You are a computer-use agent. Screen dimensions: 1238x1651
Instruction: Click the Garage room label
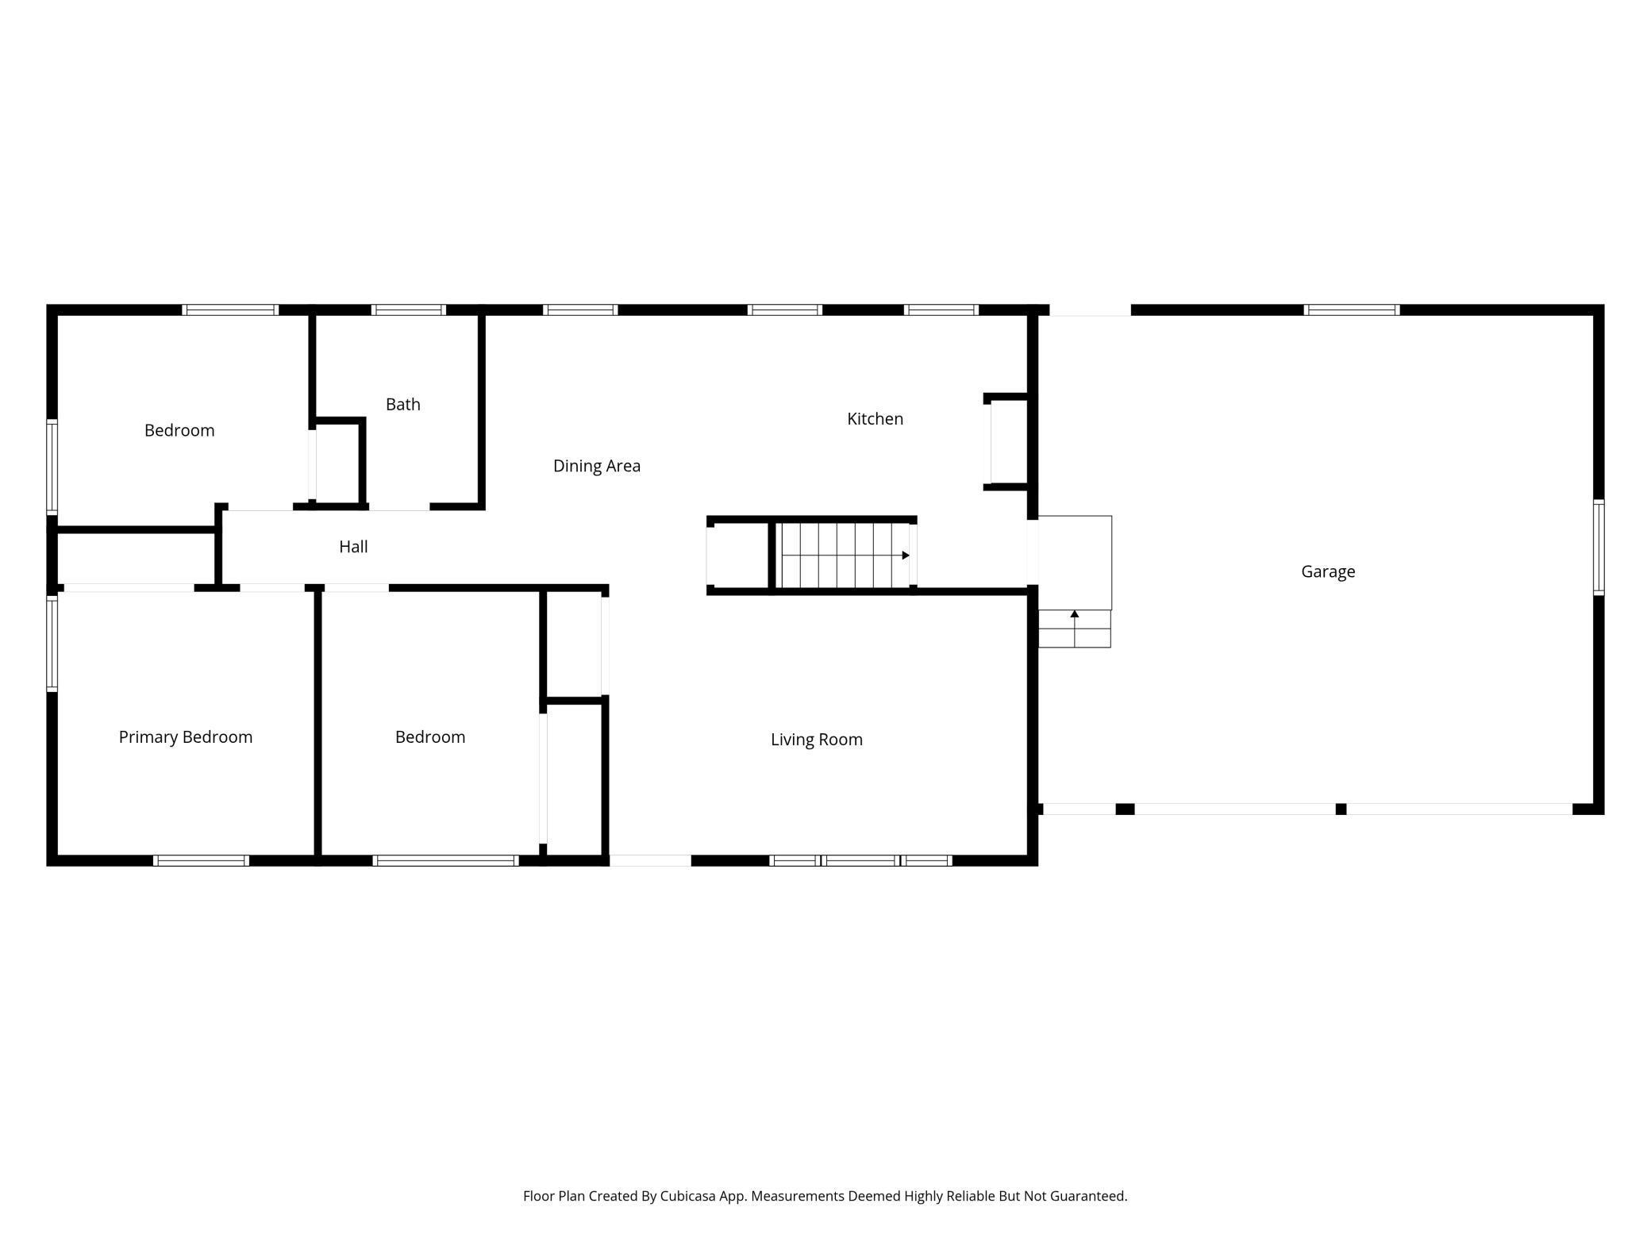coord(1328,571)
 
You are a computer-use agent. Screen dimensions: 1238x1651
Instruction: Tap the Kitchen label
coord(875,419)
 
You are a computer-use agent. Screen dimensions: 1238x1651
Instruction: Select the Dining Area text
coord(596,466)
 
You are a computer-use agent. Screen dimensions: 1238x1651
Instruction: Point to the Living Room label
coord(816,740)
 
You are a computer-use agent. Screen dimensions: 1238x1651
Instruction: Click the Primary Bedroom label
coord(185,737)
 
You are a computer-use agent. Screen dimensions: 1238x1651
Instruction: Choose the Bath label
coord(402,405)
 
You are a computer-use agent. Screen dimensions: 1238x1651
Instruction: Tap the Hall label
coord(353,547)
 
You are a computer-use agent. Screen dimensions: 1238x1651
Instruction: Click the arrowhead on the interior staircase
coord(905,556)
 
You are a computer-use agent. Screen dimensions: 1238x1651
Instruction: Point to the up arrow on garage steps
coord(1074,614)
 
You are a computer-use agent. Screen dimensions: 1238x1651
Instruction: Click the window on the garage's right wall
coord(1599,547)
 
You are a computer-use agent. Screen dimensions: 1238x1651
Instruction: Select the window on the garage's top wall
coord(1351,310)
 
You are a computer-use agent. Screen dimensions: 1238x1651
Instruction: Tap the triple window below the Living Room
coord(860,860)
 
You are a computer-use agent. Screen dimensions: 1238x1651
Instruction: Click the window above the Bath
coord(408,310)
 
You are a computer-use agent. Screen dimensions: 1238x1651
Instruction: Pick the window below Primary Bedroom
coord(201,860)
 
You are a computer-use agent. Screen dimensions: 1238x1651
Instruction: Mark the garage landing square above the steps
coord(1075,563)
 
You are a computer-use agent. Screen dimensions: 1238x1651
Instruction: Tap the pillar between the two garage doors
coord(1341,809)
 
